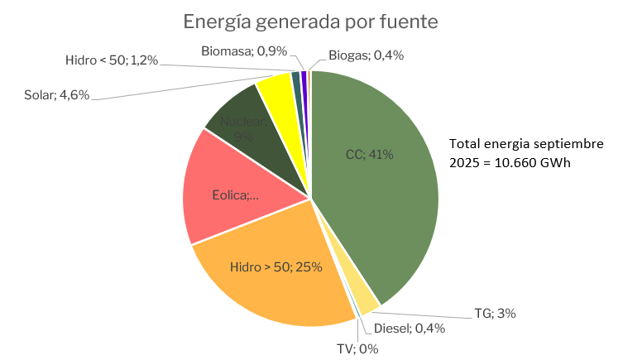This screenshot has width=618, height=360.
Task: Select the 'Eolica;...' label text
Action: click(x=236, y=196)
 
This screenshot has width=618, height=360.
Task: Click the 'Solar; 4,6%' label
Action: click(x=57, y=95)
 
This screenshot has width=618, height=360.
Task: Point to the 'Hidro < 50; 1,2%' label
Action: click(x=111, y=60)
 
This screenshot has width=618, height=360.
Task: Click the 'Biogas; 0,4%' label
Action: click(x=365, y=55)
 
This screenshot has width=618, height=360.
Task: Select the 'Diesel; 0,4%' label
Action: click(x=409, y=328)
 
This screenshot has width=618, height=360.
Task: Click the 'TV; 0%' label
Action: click(x=357, y=348)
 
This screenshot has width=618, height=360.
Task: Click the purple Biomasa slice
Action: click(x=304, y=80)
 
